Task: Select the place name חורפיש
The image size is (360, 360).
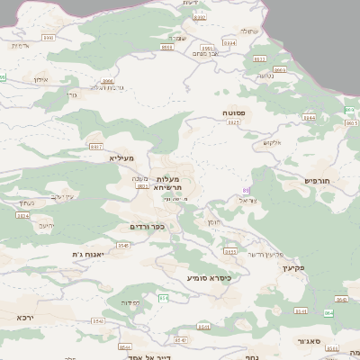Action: (318, 181)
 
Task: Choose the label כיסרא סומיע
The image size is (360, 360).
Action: (209, 278)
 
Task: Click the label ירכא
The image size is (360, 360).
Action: (23, 317)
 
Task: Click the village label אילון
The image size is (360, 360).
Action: (40, 79)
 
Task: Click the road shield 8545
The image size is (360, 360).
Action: (123, 245)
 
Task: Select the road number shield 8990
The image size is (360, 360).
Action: (48, 38)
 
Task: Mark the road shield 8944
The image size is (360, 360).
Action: (167, 48)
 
